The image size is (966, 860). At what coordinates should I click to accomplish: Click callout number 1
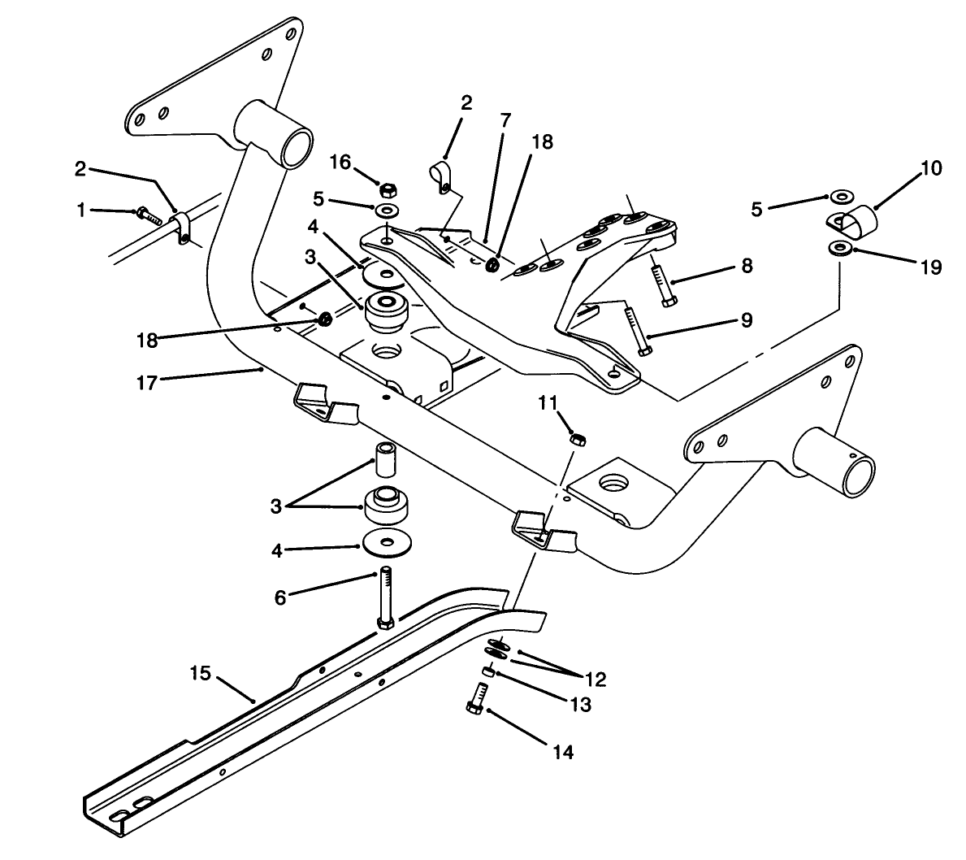tap(80, 211)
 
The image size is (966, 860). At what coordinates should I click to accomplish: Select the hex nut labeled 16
tap(388, 189)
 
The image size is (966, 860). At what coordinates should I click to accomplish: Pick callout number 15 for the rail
tap(201, 674)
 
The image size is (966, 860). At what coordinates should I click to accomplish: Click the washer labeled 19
tap(841, 246)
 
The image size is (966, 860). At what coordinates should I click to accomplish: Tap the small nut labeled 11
tap(576, 438)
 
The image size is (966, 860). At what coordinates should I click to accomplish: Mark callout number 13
tap(580, 704)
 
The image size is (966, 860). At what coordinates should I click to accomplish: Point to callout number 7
tap(505, 120)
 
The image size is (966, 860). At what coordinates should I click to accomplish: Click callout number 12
tap(593, 679)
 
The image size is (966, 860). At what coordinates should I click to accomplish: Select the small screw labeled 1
tap(146, 214)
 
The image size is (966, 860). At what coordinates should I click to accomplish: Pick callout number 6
tap(279, 597)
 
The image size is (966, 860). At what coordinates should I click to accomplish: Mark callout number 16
tap(340, 163)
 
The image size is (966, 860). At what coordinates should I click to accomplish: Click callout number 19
tap(930, 266)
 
